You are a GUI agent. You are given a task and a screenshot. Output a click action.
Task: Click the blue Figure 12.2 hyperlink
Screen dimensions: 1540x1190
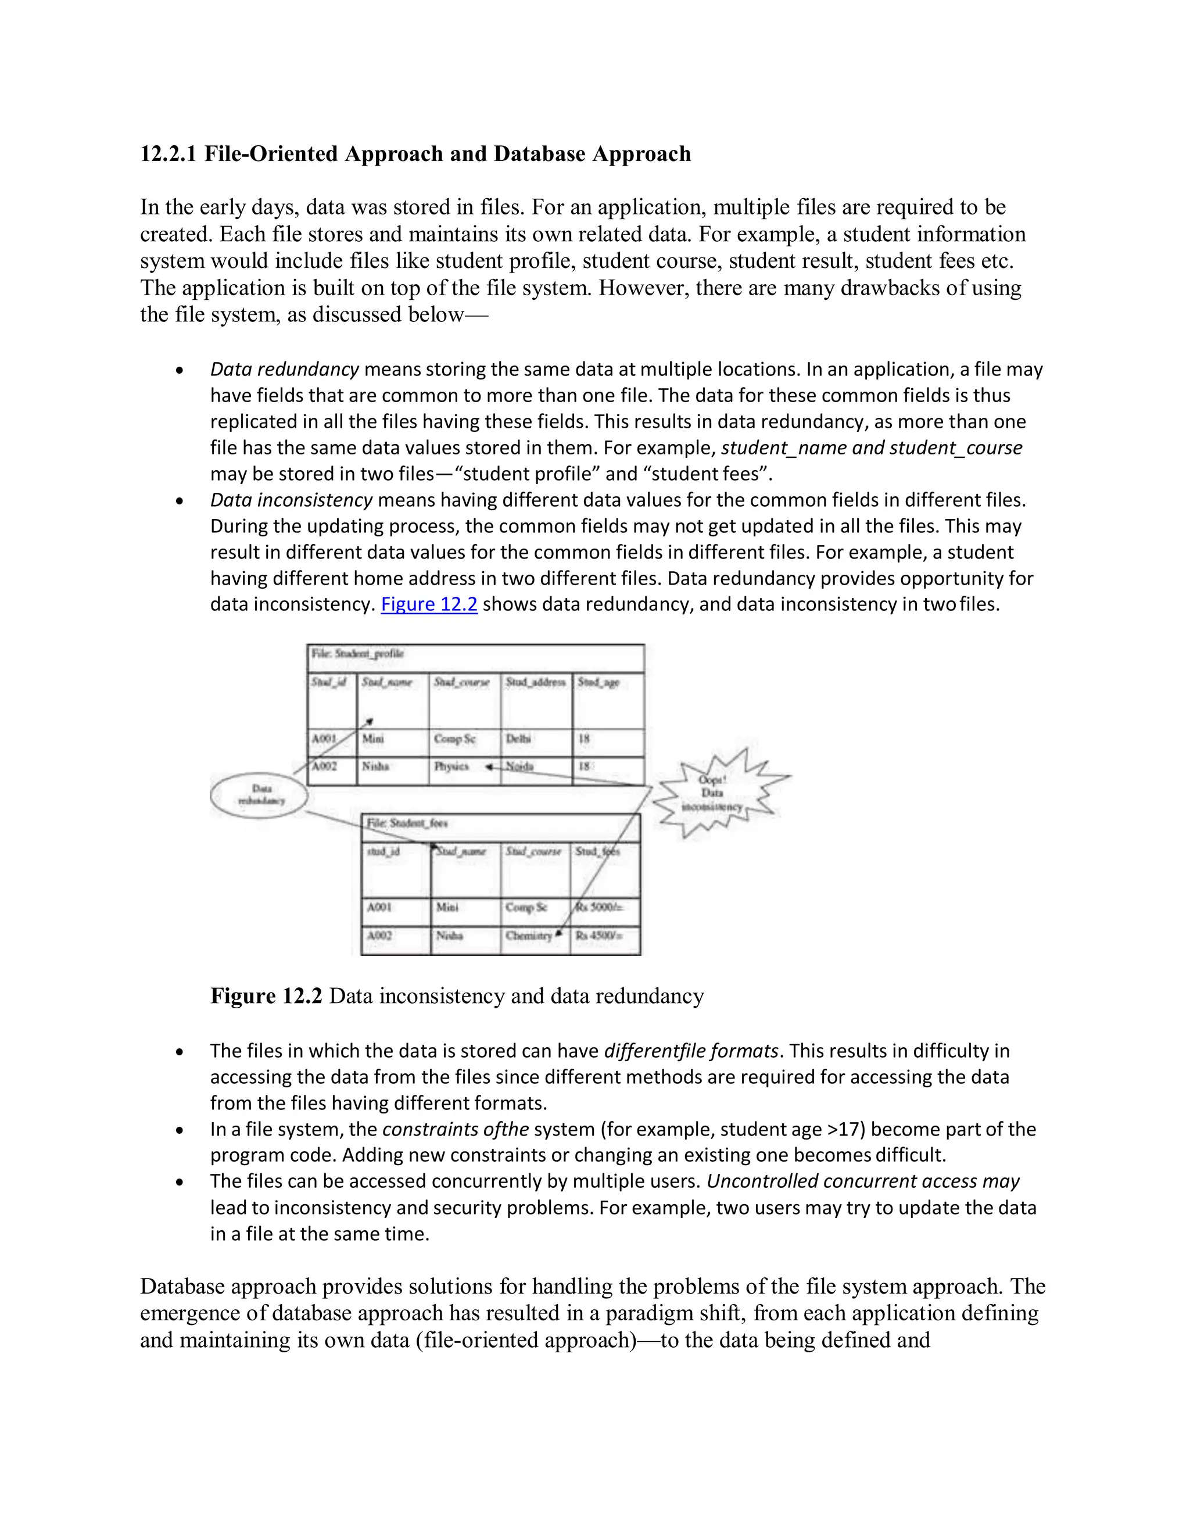click(x=429, y=604)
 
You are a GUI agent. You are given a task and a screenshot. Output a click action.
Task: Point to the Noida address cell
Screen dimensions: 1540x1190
click(x=520, y=767)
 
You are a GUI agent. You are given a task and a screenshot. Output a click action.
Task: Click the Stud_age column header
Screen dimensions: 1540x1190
click(x=598, y=682)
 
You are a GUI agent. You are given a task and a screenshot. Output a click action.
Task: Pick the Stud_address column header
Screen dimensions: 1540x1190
click(x=535, y=682)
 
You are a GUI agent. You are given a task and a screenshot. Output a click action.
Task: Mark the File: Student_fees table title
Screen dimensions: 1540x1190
click(x=407, y=823)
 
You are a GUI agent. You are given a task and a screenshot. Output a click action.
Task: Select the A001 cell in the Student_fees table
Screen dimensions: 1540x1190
click(x=380, y=907)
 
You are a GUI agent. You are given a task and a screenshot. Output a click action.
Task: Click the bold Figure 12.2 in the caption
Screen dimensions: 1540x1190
click(x=266, y=995)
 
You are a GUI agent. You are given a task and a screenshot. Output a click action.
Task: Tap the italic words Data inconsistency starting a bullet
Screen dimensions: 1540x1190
click(x=291, y=500)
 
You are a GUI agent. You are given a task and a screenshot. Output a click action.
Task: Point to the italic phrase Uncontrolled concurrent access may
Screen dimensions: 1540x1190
click(x=863, y=1181)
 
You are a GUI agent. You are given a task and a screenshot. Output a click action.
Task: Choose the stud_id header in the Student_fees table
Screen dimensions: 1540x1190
click(x=383, y=851)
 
